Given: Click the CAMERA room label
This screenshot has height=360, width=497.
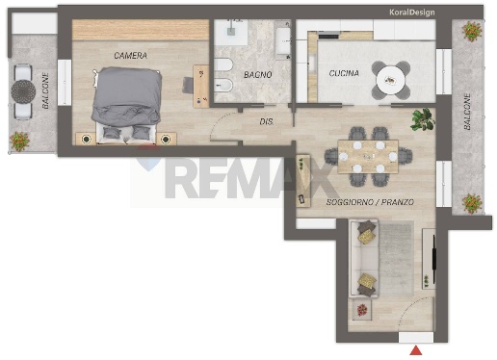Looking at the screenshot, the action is coord(131,56).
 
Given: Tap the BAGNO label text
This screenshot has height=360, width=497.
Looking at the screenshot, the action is coord(258,75).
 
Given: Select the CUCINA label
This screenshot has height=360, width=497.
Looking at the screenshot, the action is coord(344,73).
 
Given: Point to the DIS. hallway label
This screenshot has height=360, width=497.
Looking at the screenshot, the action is coord(267,122).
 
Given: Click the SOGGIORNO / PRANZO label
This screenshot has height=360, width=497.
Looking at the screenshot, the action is coord(370,202).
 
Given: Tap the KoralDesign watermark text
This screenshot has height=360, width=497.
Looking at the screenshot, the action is coord(412,13).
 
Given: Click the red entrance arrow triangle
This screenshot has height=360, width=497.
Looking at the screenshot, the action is coord(416,350).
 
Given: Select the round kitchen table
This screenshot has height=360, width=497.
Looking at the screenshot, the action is coord(391,80).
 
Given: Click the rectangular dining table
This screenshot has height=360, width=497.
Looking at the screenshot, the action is coord(368,156).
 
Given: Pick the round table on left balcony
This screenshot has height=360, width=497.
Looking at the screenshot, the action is coord(23,91).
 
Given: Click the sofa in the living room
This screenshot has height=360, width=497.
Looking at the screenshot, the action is coord(363,258).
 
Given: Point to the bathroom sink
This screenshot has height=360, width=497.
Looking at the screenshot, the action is coord(231,32).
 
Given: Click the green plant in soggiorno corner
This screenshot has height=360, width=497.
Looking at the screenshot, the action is coord(423,119).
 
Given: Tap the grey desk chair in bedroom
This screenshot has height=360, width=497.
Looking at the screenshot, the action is coord(188,86).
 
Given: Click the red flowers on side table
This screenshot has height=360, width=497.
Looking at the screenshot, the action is coord(362,310).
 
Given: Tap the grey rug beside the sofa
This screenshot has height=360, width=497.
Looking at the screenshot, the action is coord(396,257).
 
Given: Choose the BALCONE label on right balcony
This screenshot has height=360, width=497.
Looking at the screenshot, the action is coord(467,112).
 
